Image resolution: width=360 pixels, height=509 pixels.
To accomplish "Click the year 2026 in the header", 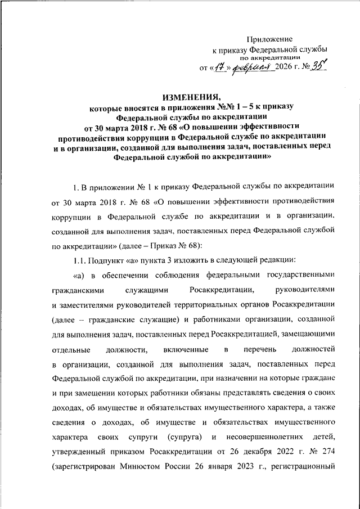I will pos(285,70).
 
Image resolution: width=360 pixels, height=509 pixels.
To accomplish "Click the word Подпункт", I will pos(110,260).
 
